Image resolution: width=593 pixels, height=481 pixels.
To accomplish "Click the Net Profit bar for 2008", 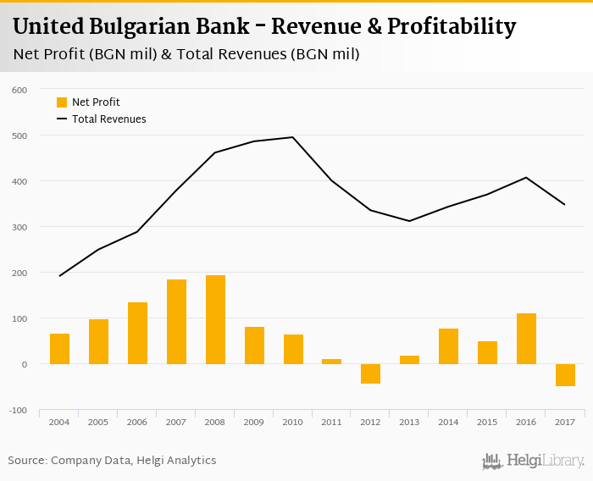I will (x=215, y=319).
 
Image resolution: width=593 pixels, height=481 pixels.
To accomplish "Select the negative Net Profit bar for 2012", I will (x=370, y=373).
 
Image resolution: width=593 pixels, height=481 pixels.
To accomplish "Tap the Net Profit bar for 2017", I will (x=565, y=375).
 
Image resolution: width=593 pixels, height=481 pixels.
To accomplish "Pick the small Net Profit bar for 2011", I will (x=332, y=362).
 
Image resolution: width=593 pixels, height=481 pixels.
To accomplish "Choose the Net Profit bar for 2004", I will (x=59, y=349).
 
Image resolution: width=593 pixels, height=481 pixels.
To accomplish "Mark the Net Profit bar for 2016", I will (x=526, y=339).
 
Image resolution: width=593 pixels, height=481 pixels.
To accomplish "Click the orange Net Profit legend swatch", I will (x=62, y=102).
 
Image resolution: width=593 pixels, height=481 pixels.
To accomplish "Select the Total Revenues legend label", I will (x=109, y=119).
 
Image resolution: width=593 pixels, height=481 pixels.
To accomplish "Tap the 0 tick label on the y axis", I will (x=24, y=365).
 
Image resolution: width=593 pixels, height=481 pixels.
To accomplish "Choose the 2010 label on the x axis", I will (x=293, y=422).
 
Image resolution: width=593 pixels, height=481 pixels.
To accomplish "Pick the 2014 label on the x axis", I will (x=448, y=422).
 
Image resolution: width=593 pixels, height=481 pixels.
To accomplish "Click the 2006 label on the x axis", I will (x=137, y=422).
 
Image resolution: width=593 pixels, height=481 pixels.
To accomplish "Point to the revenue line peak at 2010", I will (x=293, y=137).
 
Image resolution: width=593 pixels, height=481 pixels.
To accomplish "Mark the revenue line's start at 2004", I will (x=60, y=275).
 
